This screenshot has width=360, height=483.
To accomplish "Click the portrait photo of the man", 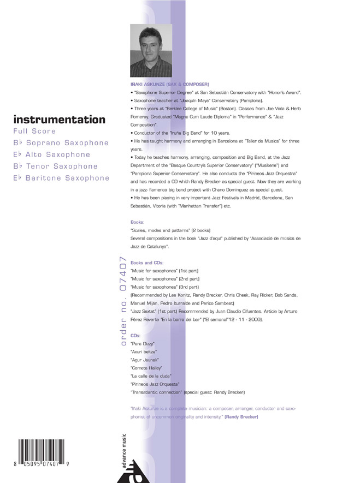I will (x=151, y=51).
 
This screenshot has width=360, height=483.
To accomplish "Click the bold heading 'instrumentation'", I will (x=59, y=120).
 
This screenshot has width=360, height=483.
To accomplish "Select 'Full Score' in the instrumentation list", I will (x=34, y=132).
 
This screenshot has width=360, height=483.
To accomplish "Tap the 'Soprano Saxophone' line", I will (x=61, y=143).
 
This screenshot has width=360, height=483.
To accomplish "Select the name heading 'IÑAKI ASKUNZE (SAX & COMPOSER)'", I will (x=170, y=85).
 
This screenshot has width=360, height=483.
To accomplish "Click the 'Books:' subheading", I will (x=138, y=223).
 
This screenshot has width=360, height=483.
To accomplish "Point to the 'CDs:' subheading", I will (x=135, y=335).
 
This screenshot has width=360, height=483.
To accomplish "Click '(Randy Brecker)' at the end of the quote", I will (x=241, y=417).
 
